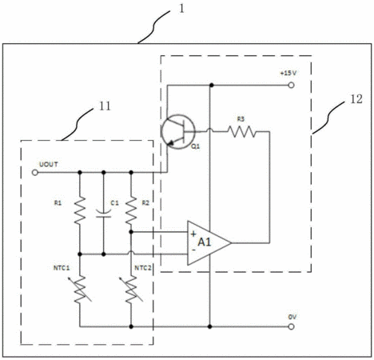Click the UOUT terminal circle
(35, 173)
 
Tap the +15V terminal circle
(291, 86)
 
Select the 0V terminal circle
(291, 326)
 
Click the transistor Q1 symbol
(178, 132)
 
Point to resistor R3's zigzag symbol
(241, 131)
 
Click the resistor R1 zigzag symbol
(80, 210)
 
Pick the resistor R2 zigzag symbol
(131, 210)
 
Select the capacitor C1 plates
(104, 214)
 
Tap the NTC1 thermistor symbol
(80, 290)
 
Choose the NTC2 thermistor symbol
(131, 290)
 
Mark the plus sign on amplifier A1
(193, 234)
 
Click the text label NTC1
(62, 268)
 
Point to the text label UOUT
(49, 164)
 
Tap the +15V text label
(288, 73)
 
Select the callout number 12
(356, 99)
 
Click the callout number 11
(105, 106)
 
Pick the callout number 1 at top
(181, 9)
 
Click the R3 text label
(241, 119)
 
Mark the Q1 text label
(196, 146)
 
